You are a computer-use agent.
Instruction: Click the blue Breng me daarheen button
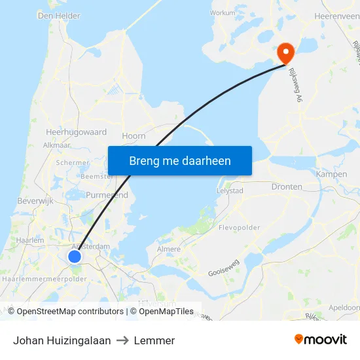tap(180, 160)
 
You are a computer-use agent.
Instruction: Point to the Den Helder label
tap(59, 15)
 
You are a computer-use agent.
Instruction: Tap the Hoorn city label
tap(134, 136)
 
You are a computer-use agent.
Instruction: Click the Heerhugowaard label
tap(76, 132)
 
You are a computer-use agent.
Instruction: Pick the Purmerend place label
tap(107, 195)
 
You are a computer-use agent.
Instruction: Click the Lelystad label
tap(230, 190)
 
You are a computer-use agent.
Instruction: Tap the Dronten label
tap(287, 187)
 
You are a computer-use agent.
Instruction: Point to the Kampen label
tap(331, 174)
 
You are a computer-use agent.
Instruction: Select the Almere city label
tap(169, 249)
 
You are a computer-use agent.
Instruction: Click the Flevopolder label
tap(238, 228)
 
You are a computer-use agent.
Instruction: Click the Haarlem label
tap(31, 240)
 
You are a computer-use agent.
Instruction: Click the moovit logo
tap(321, 340)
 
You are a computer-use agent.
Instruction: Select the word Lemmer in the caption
tap(154, 340)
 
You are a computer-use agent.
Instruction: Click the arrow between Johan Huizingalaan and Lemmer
tap(122, 340)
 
